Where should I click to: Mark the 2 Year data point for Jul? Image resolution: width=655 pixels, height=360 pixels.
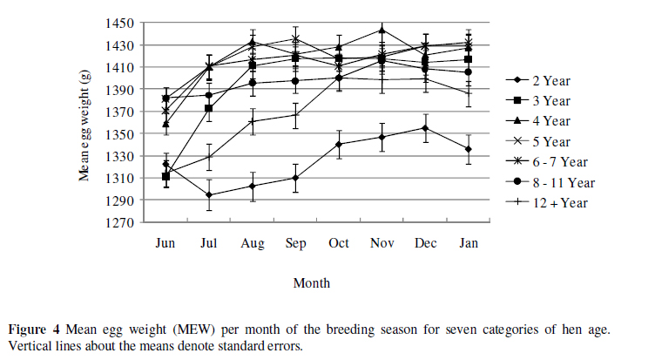[209, 195]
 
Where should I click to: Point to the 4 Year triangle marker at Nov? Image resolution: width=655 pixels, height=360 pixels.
[382, 31]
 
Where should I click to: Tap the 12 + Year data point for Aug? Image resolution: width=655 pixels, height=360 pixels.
[252, 121]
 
